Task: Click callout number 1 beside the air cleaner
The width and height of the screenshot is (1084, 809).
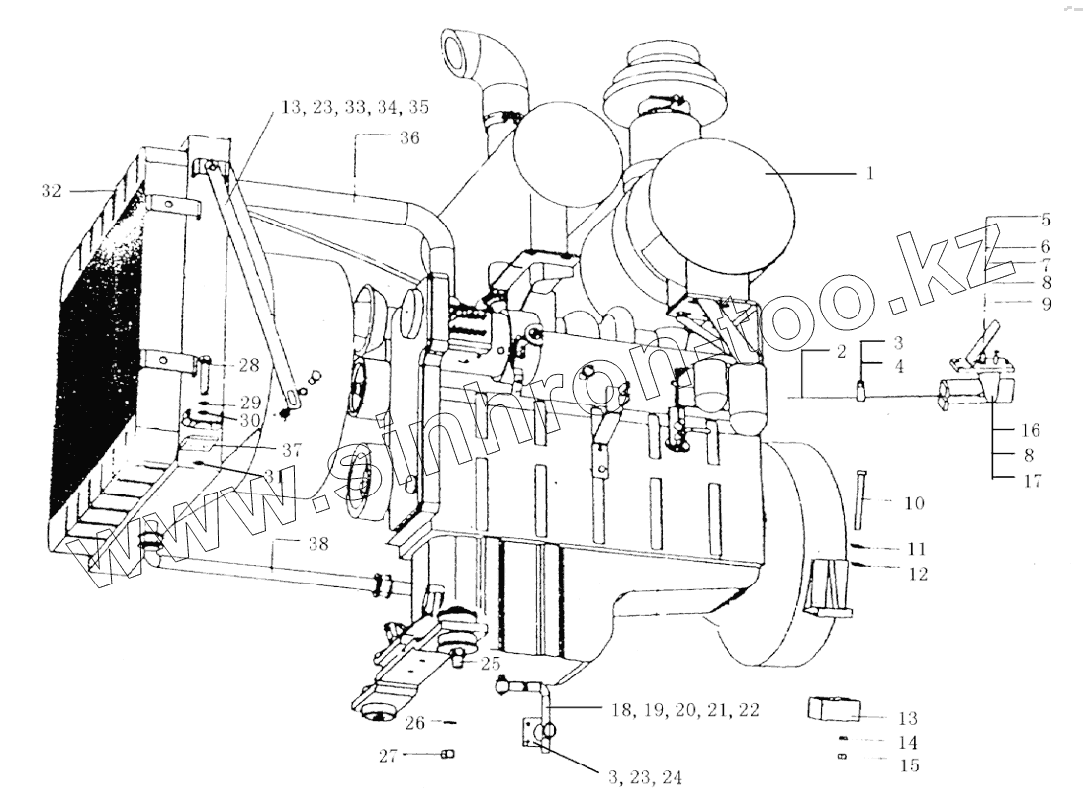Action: (869, 173)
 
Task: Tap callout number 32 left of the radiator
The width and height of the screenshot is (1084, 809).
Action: (51, 190)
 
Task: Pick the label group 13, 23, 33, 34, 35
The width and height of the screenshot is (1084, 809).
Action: (354, 107)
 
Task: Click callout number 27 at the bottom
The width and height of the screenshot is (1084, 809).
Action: (388, 756)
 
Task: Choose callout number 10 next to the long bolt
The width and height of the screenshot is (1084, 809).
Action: (913, 504)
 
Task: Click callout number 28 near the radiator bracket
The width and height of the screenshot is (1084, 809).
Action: (248, 365)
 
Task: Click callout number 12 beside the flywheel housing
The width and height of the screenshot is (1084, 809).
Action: (918, 573)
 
